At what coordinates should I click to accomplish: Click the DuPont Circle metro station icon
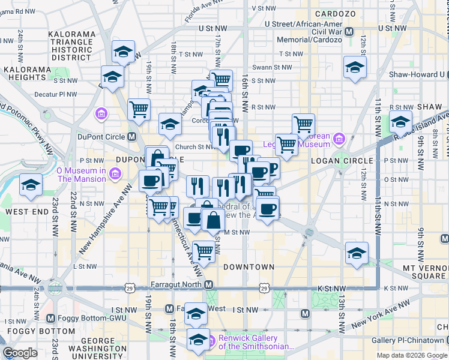point(131,136)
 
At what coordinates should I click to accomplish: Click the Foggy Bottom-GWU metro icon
point(50,318)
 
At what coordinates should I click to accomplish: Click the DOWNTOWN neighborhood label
point(249,266)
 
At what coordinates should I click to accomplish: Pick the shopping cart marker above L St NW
point(204,253)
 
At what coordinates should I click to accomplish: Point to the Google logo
point(20,353)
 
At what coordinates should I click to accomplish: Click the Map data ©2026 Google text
point(411,355)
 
